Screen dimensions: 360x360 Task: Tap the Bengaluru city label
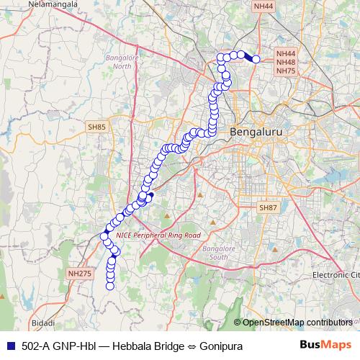point(256,133)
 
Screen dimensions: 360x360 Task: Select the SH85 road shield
point(96,127)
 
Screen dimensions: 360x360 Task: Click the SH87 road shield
point(268,207)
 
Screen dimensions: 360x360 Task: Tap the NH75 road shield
point(286,71)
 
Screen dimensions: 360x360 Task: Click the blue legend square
point(9,346)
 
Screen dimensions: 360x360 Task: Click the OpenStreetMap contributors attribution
point(297,322)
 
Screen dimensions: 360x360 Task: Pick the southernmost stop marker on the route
point(110,286)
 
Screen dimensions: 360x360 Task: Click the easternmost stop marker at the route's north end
point(256,59)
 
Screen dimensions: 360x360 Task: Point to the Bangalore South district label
point(215,253)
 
